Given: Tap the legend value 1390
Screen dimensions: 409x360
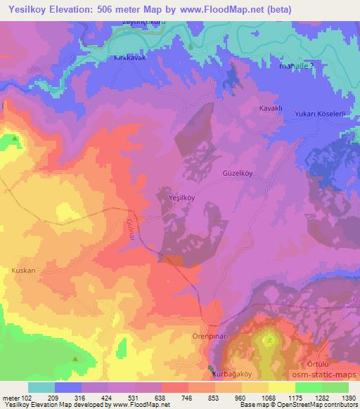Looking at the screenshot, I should coord(347,398).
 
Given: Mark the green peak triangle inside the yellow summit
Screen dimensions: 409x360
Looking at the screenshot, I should coord(268,340).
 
